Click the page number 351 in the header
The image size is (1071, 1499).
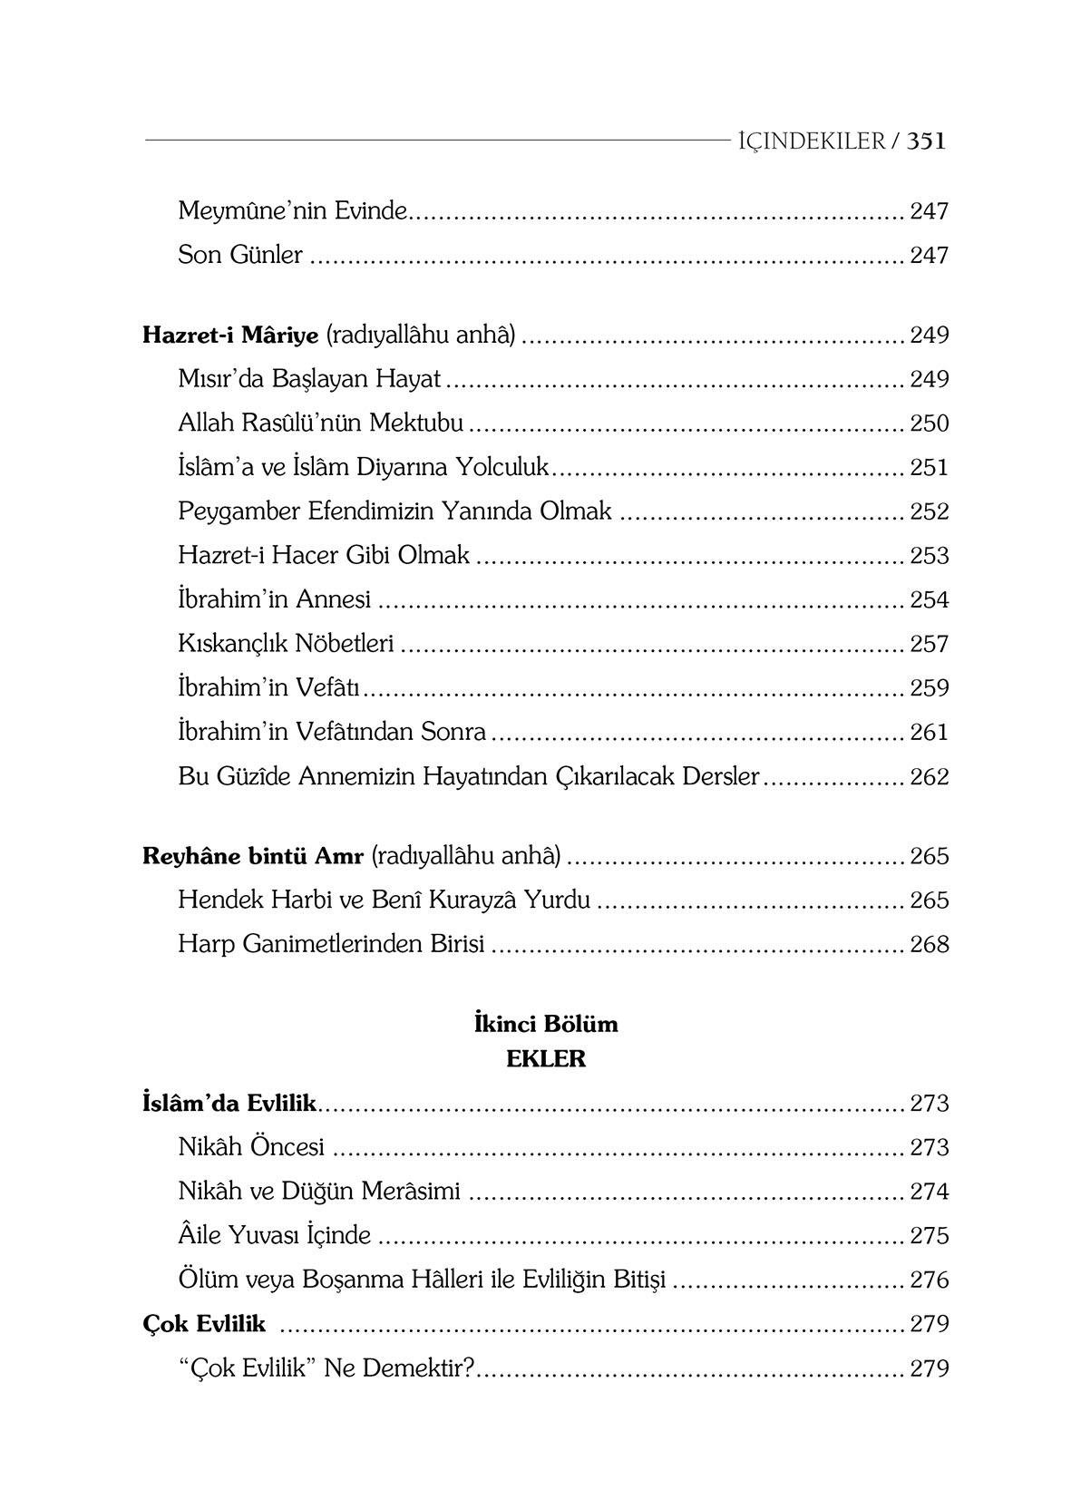coord(926,141)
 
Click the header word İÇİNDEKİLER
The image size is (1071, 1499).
coord(811,141)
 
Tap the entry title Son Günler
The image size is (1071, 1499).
coord(240,255)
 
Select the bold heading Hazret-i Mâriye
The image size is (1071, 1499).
coord(230,336)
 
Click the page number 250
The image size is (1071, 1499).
coord(929,423)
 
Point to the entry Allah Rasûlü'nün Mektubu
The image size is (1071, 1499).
coord(321,423)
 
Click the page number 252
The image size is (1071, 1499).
coord(929,511)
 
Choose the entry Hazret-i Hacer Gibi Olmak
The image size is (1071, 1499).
coord(324,555)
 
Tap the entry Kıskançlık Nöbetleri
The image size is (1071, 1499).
coord(286,644)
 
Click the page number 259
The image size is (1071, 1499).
coord(929,688)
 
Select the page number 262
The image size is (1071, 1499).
coord(929,777)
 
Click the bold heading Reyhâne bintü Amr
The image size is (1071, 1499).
coord(253,856)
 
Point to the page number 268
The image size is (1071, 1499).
coord(929,945)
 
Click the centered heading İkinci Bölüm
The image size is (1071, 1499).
coord(546,1024)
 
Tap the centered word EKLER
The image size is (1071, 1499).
coord(546,1059)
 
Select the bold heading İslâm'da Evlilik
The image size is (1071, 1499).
coord(229,1104)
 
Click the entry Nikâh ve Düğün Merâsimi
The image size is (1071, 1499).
coord(319,1192)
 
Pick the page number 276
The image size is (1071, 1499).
coord(929,1280)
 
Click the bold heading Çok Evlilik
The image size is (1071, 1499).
coord(204,1324)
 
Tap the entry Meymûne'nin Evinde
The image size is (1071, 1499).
coord(294,211)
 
